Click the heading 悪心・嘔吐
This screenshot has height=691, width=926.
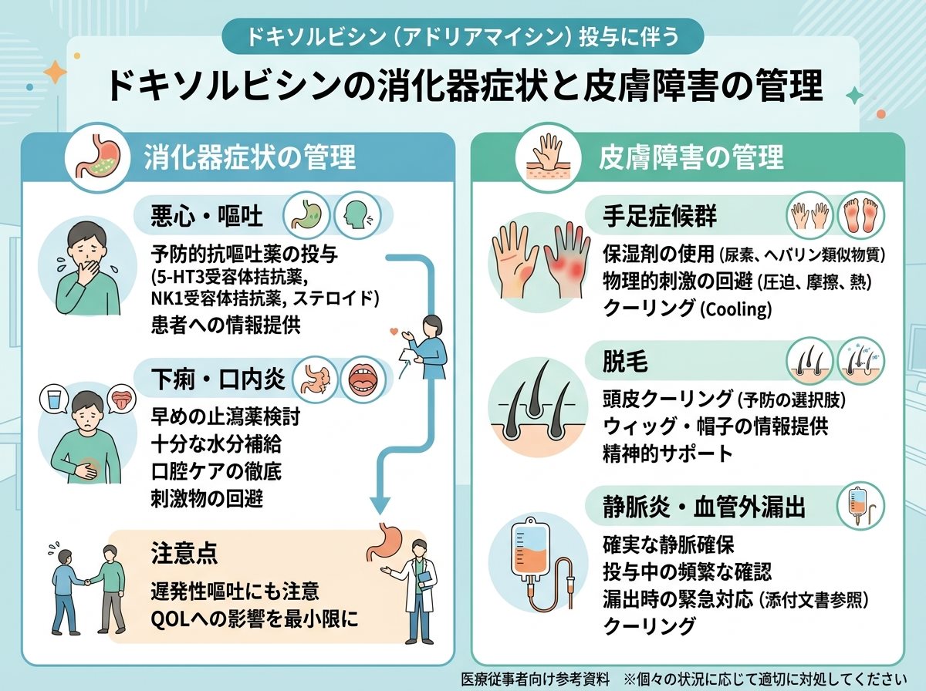click(x=207, y=216)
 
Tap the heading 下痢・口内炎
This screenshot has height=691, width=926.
click(x=218, y=379)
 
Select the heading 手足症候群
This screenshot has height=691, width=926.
click(x=659, y=216)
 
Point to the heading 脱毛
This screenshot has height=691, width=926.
click(x=625, y=362)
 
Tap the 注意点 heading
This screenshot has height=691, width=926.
click(x=184, y=553)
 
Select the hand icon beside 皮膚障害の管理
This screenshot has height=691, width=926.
click(x=548, y=157)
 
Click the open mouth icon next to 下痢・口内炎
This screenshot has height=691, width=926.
click(x=363, y=379)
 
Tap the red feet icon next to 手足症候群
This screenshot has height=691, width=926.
click(x=860, y=216)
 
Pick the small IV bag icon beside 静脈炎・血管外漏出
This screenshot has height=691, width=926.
click(x=860, y=506)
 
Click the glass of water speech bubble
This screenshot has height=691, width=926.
click(x=55, y=399)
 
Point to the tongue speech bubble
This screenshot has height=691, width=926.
click(x=121, y=399)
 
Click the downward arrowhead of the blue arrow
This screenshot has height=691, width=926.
click(x=380, y=505)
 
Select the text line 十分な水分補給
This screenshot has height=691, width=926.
click(x=216, y=445)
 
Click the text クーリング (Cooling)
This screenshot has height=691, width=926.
click(x=688, y=309)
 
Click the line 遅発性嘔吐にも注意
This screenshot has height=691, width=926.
click(x=235, y=592)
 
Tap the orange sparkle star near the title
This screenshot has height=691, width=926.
click(x=56, y=72)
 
